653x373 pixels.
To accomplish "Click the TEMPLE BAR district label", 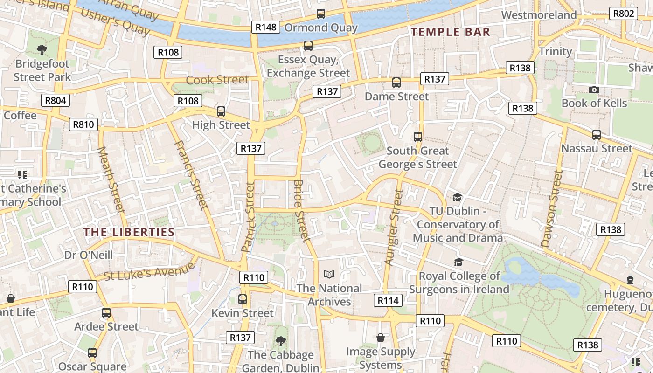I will click(450, 32).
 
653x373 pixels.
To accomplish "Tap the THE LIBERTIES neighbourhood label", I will click(129, 232).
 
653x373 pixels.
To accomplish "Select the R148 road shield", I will click(266, 27).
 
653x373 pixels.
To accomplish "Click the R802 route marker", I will click(624, 14).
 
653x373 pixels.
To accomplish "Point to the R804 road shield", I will click(56, 100).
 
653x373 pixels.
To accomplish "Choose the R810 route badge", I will click(84, 124).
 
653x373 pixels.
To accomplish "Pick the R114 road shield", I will click(388, 301).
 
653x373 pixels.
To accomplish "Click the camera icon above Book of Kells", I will click(594, 90).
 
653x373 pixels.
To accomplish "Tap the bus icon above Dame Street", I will click(396, 83).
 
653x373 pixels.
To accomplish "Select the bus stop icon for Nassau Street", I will click(597, 135).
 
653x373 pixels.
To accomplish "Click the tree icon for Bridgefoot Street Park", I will click(42, 49).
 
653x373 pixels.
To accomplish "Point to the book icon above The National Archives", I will click(329, 275).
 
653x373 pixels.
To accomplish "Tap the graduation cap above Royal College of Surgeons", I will click(458, 262).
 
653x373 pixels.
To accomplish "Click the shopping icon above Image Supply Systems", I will click(381, 338).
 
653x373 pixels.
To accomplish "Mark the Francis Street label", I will click(190, 175).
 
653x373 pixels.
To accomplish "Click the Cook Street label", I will click(217, 80).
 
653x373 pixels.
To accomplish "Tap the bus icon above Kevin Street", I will click(243, 299).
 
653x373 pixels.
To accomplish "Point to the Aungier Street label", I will click(393, 228).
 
